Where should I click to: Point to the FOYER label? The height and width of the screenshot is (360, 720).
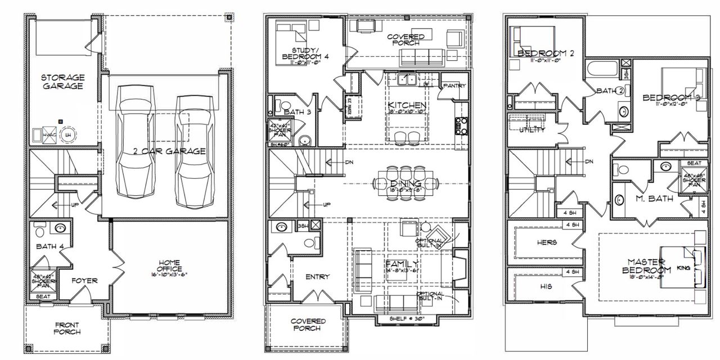point(85,280)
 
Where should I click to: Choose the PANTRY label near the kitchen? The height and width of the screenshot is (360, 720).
point(453,86)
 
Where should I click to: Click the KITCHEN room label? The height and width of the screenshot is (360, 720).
point(407,105)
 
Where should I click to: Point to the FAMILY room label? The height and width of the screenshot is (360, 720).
point(402,264)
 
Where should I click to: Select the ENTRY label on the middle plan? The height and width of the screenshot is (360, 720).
point(318,277)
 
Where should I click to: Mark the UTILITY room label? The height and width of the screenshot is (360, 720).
point(531,130)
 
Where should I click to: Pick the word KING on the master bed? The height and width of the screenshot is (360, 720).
point(683,268)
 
